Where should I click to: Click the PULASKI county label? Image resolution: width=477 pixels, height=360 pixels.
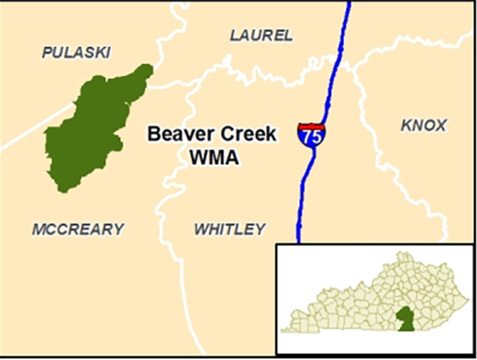pos(76,52)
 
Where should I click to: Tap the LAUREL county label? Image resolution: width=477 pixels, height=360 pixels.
pos(262,36)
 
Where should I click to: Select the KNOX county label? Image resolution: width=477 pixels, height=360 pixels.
pos(423,126)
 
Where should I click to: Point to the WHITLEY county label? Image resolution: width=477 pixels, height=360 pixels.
pos(229,229)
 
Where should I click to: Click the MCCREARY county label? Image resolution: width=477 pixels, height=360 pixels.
pos(78,229)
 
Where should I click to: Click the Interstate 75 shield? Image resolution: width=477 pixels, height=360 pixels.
pos(311,135)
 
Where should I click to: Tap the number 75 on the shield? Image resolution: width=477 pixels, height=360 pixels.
pos(311,138)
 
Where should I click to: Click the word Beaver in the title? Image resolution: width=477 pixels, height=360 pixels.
pos(178,134)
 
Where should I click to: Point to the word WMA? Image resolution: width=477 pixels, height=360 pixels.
pos(214,157)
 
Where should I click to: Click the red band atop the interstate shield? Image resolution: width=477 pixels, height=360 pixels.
pos(312,126)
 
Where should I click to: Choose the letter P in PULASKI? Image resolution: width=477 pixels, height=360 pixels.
pos(47,52)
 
